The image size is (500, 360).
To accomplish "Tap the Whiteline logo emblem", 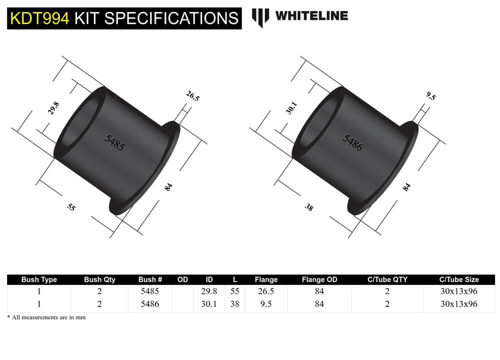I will (x=260, y=17).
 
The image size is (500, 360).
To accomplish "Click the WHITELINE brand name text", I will (x=311, y=15).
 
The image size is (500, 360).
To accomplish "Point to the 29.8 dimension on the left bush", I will (x=53, y=108).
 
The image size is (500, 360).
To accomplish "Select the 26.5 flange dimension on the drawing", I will (x=192, y=96).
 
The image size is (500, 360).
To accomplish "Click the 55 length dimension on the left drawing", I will (x=71, y=206).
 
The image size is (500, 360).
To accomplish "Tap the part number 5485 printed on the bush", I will (x=114, y=142).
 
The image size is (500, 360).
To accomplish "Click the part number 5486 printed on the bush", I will (x=352, y=142).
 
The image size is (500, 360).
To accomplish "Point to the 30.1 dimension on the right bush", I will (x=291, y=108).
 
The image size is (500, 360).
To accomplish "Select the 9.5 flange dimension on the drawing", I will (x=430, y=96).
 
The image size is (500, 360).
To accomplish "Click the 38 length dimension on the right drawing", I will (x=309, y=206).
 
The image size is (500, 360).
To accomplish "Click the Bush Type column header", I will (x=39, y=279).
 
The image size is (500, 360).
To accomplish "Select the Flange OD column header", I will (x=319, y=279).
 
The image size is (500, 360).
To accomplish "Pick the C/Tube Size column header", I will (x=458, y=279).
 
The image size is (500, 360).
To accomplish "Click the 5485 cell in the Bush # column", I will (x=150, y=291).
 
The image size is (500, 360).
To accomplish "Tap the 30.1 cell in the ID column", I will (x=208, y=303).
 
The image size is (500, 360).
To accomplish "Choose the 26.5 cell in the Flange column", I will (x=265, y=291).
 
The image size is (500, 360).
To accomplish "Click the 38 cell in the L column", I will (x=234, y=303).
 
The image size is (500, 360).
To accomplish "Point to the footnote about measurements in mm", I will (x=46, y=317).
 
